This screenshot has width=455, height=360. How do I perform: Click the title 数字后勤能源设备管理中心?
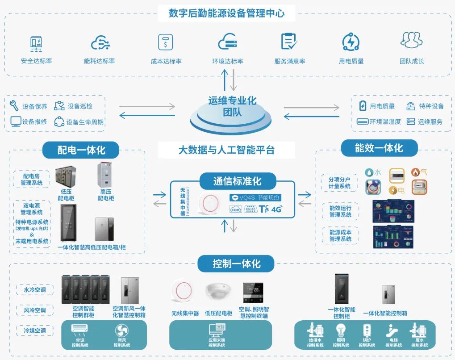[x=227, y=13]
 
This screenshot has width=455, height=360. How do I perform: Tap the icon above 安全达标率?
[x=36, y=43]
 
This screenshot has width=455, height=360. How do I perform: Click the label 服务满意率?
[x=289, y=61]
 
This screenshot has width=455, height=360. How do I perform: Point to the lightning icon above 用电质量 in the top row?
[x=351, y=42]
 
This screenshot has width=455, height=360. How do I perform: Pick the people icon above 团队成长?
[x=411, y=41]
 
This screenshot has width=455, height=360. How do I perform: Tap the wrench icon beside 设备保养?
[x=14, y=106]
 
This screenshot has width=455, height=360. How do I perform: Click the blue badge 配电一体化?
[x=81, y=150]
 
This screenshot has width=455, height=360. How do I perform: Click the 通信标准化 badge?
[x=237, y=181]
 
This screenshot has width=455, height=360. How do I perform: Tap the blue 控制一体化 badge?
[x=236, y=264]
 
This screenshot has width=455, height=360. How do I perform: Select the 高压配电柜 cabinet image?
[x=106, y=178]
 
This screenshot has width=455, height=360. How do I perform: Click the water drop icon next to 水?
[x=369, y=172]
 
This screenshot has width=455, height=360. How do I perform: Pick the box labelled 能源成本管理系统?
[x=340, y=235]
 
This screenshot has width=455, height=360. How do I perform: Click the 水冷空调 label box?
[x=35, y=290]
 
